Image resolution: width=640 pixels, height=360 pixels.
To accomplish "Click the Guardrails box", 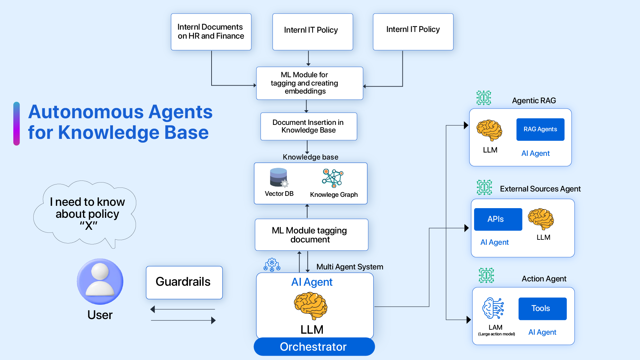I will [x=184, y=282].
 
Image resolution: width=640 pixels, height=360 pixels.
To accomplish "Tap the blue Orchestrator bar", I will [x=314, y=347].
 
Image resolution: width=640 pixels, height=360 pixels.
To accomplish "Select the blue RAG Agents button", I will [x=540, y=129].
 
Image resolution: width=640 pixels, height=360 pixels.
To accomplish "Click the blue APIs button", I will [x=498, y=219].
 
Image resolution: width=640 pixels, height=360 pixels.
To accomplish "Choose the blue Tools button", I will [x=542, y=308].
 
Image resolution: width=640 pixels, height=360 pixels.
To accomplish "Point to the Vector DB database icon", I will [x=279, y=177].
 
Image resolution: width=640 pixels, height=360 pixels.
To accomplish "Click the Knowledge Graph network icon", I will [x=332, y=178].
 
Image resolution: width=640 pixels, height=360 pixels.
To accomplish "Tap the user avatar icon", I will [x=100, y=281].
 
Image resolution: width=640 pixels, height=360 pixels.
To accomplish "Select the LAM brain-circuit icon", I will [x=493, y=308].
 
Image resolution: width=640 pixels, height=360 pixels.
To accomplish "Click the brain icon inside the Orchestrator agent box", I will [x=311, y=305].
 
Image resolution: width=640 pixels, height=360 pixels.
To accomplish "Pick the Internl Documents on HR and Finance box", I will [x=211, y=32].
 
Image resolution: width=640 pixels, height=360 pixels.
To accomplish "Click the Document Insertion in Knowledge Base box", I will [x=309, y=126].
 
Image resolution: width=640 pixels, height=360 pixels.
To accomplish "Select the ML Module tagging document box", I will [x=311, y=234].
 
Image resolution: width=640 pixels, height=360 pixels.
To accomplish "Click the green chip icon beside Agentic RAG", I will [x=483, y=98].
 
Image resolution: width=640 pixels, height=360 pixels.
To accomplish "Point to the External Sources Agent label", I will [x=540, y=189].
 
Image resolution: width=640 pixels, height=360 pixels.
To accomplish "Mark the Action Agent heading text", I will [x=544, y=279].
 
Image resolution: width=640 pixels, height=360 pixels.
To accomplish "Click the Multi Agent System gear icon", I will [x=272, y=265].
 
